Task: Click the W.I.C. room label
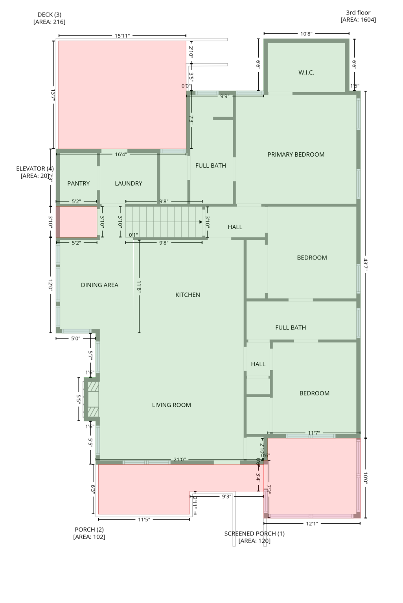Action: point(306,73)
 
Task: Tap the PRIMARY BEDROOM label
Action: point(296,155)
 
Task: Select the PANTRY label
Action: point(78,183)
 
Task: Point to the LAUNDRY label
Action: point(128,183)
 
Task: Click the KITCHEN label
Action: point(188,295)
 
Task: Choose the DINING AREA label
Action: point(99,285)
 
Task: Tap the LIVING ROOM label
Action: point(171,405)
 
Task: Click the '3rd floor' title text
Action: point(358,13)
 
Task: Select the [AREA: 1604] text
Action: point(358,20)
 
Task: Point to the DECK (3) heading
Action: point(50,15)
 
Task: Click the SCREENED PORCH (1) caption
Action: point(254,534)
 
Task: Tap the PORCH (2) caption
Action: point(89,530)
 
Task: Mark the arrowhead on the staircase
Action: point(201,222)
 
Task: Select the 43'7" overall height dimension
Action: point(366,264)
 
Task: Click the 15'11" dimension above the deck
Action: point(122,36)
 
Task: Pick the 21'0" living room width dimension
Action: point(180,459)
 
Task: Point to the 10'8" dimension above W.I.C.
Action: point(306,34)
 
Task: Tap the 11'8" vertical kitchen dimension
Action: point(139,286)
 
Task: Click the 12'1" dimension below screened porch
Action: point(312,523)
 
